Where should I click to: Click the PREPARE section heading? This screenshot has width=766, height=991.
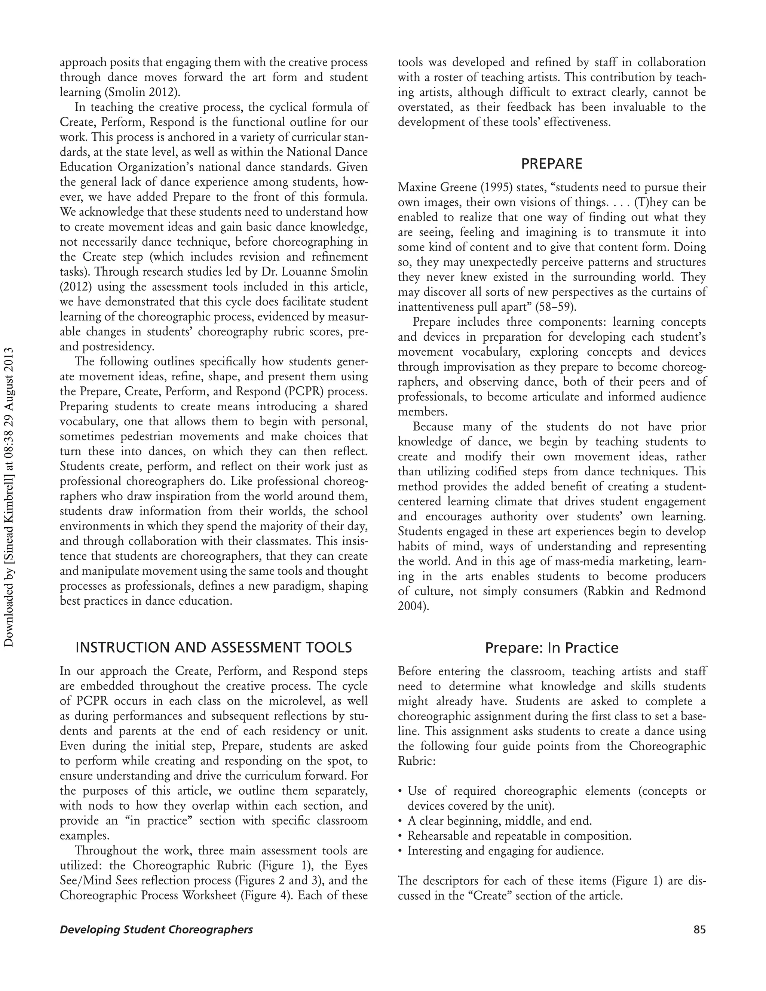(551, 164)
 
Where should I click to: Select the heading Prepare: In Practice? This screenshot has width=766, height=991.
(551, 647)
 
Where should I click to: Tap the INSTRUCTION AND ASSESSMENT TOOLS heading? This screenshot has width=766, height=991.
(213, 647)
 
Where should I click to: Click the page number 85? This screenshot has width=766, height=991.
(699, 930)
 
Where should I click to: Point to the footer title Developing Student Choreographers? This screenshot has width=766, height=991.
(156, 930)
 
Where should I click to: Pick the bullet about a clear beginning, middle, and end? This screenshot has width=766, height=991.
(499, 821)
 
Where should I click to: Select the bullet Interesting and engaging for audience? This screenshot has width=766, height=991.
(505, 851)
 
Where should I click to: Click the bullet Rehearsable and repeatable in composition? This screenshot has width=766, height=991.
(519, 836)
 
